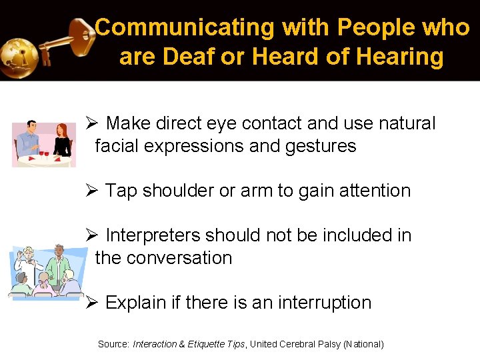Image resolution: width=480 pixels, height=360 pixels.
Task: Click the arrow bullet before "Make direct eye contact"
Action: click(x=92, y=123)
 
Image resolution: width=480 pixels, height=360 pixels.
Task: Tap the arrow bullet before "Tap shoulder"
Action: click(x=92, y=191)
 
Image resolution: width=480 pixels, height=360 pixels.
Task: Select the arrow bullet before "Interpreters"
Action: click(x=92, y=235)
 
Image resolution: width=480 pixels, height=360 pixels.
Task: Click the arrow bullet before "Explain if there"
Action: click(x=92, y=303)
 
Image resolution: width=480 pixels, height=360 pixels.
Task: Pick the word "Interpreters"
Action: click(x=153, y=235)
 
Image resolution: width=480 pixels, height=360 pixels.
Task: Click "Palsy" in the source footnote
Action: click(x=327, y=344)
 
